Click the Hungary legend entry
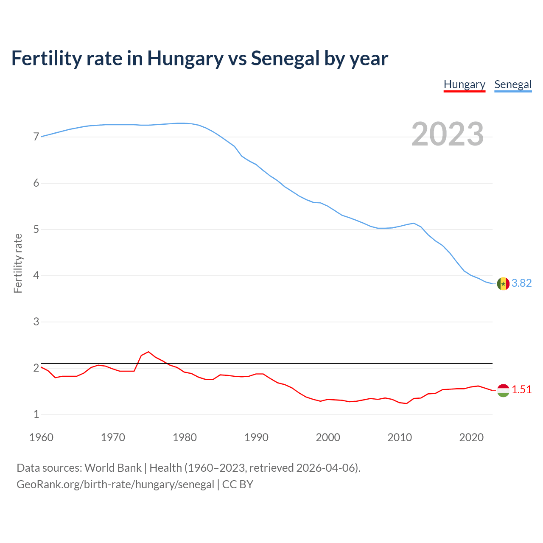[x=464, y=84]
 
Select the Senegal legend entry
[x=513, y=84]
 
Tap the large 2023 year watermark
[x=448, y=134]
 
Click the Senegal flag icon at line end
[x=503, y=283]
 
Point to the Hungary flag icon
[x=503, y=390]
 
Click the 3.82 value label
[x=521, y=283]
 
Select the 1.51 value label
[x=521, y=389]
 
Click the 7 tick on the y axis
[x=36, y=137]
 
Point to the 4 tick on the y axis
[x=36, y=276]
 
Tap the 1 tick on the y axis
[x=36, y=414]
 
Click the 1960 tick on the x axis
[x=41, y=437]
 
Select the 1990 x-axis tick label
[x=256, y=437]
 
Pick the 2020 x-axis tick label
[x=471, y=437]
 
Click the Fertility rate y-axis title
[x=18, y=263]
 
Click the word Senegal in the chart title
[x=285, y=59]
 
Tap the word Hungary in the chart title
[x=185, y=59]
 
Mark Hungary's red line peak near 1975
[x=148, y=352]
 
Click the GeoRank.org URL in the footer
[x=115, y=484]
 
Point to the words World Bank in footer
[x=113, y=468]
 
